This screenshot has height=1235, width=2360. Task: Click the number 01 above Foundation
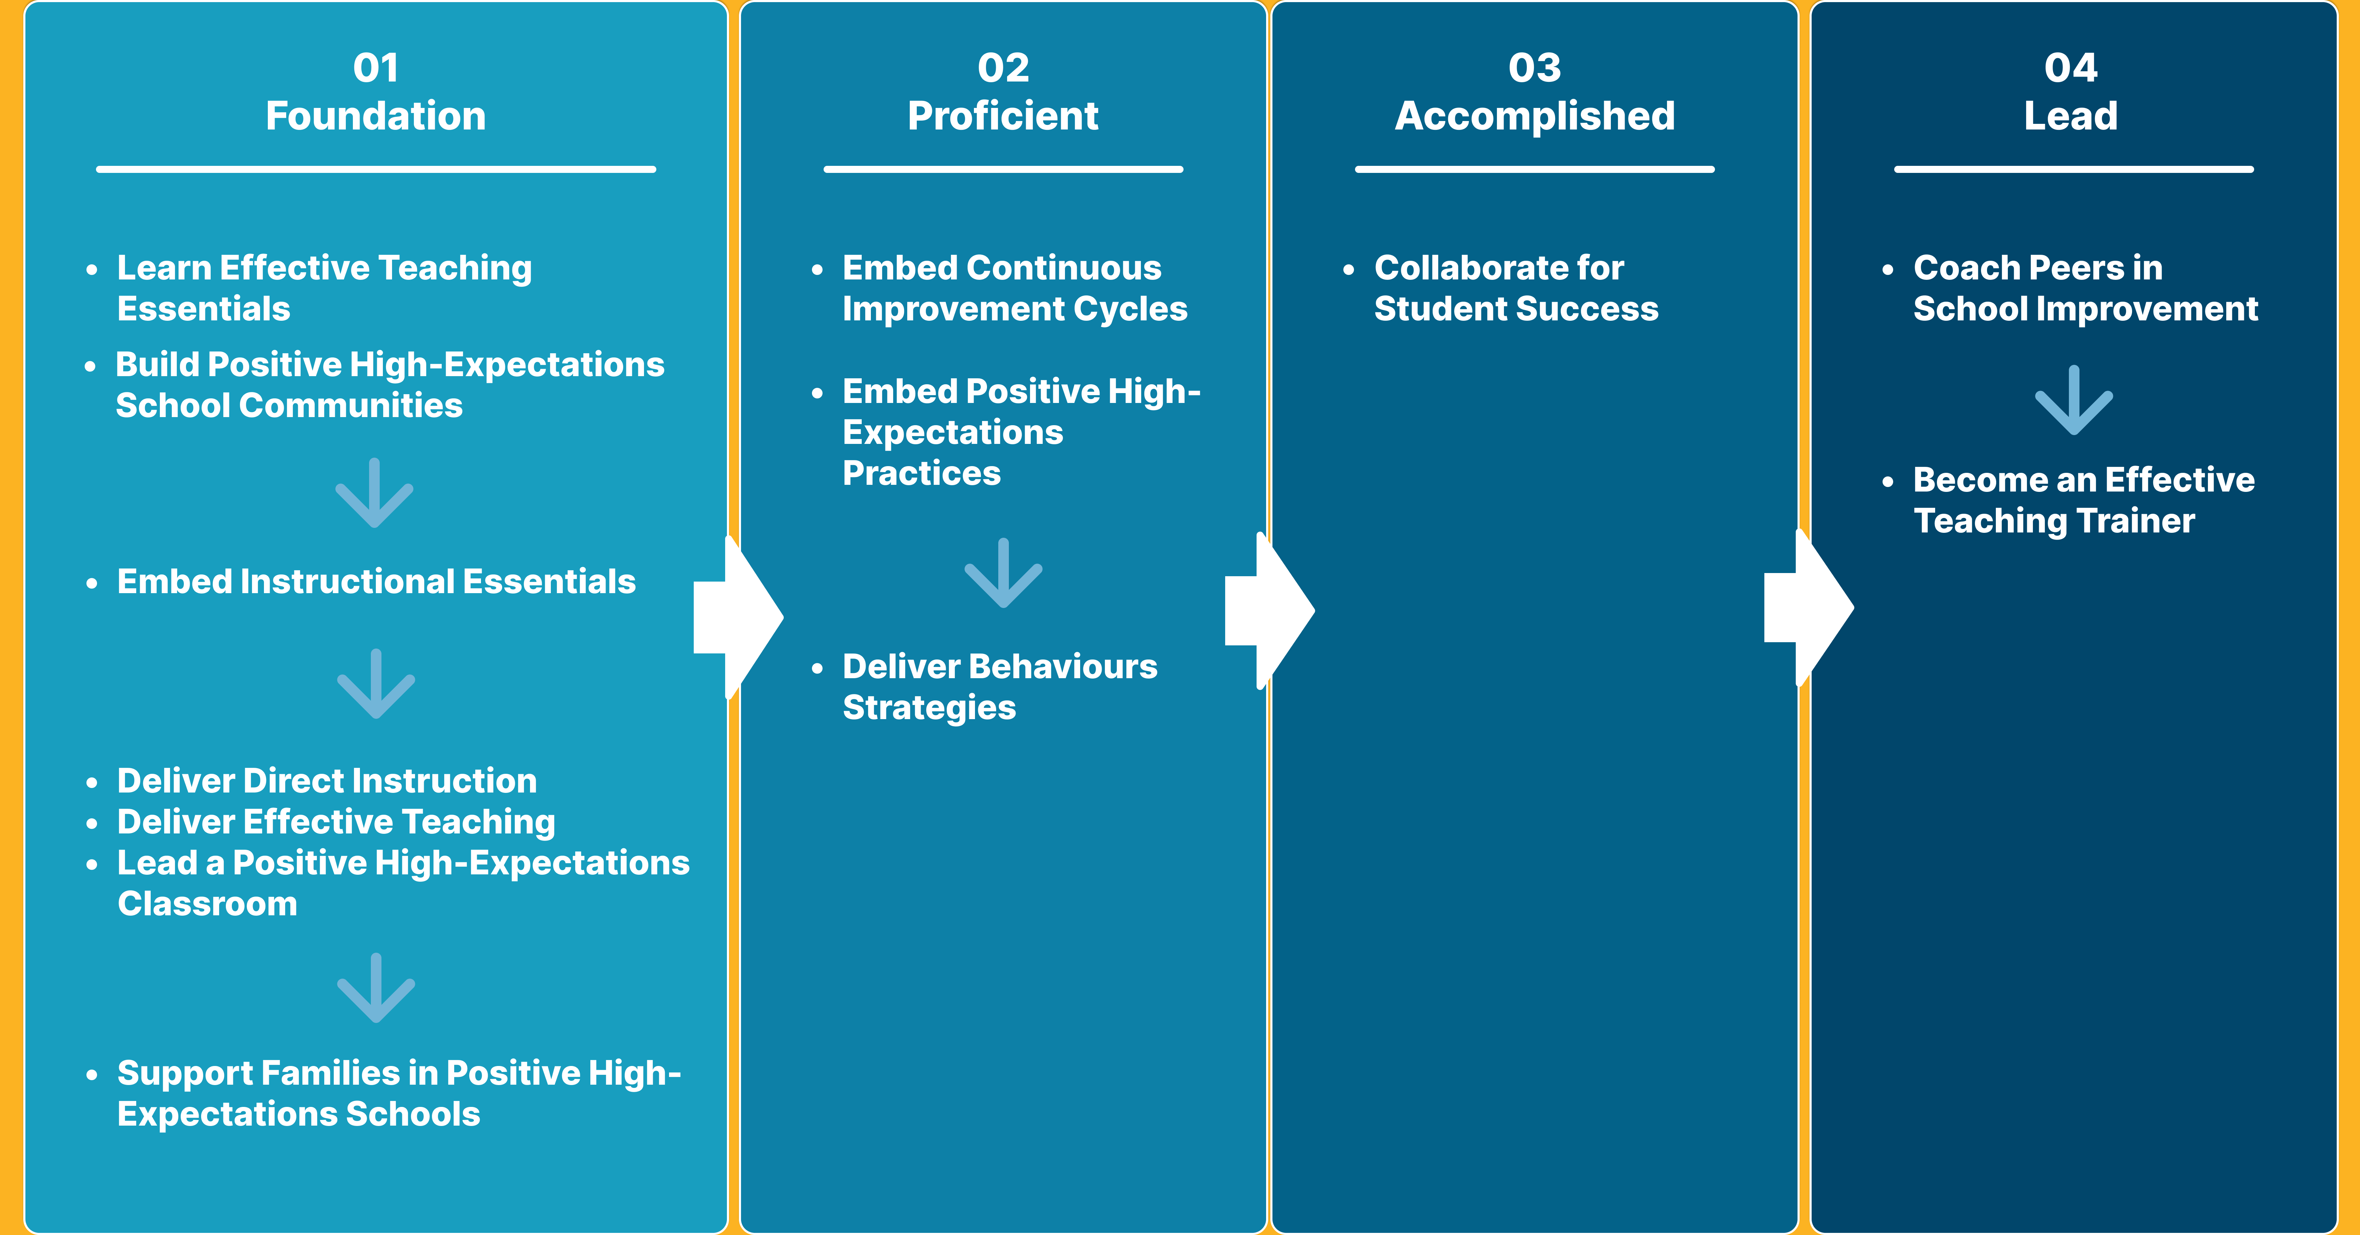pos(375,68)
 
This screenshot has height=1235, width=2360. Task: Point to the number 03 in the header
pos(1535,68)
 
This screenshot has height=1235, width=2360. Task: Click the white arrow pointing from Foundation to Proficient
pos(737,617)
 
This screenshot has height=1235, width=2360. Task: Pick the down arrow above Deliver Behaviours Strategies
pos(1003,573)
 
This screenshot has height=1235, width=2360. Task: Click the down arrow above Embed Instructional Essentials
pos(375,493)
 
